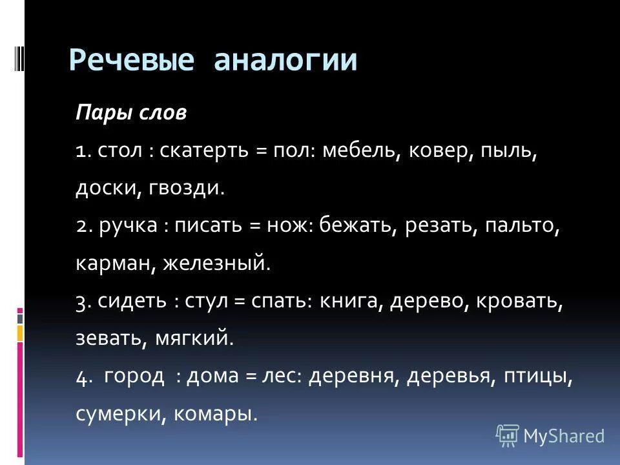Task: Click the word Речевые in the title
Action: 132,61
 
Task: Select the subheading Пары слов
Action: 131,114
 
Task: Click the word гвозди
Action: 187,189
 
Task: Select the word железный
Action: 214,263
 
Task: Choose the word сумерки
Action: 121,413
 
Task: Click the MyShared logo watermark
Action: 550,435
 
